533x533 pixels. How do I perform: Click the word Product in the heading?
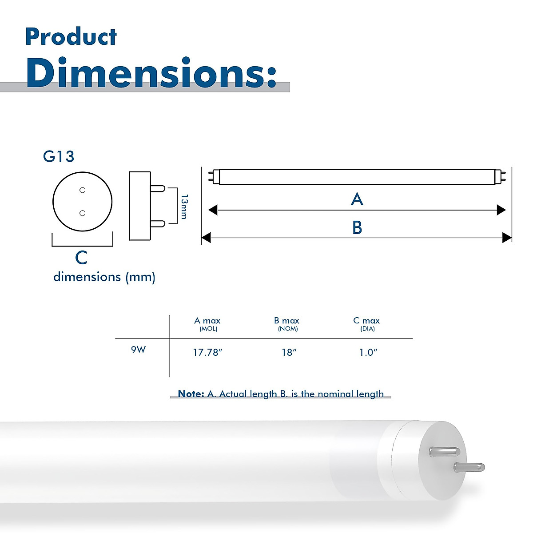tap(71, 37)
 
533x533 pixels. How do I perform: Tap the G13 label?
tap(59, 156)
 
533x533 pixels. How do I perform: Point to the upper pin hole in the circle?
tap(82, 191)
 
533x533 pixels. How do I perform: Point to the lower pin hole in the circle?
tap(82, 214)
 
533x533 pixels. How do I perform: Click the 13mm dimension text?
tap(184, 207)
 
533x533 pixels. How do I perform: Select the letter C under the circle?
tap(81, 258)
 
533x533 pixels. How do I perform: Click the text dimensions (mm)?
tap(104, 277)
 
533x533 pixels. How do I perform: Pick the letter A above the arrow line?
tap(357, 199)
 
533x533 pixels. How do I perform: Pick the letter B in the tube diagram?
tap(357, 228)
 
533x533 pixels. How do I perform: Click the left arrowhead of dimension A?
tap(213, 210)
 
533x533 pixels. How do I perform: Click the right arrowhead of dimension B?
tap(506, 238)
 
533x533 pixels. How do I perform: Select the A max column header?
tap(207, 321)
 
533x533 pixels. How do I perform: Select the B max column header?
tap(287, 321)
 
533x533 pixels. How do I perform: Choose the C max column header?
tap(366, 321)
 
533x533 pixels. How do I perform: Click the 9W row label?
tap(138, 350)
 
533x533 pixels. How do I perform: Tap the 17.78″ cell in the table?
tap(207, 353)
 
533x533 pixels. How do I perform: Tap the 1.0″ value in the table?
tap(368, 353)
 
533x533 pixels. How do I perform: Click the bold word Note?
tap(191, 394)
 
